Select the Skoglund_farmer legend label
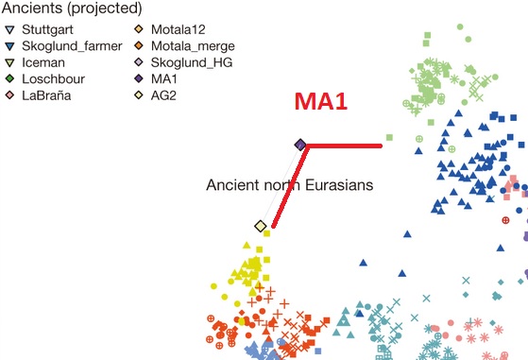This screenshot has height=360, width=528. point(66,44)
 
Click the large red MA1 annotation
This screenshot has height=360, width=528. point(321,102)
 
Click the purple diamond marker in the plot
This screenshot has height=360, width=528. point(299,145)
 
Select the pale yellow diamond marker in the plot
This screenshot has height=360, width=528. point(261,226)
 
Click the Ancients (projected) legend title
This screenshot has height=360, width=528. point(72,9)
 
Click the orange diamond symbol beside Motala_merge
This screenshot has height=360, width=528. point(139,44)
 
